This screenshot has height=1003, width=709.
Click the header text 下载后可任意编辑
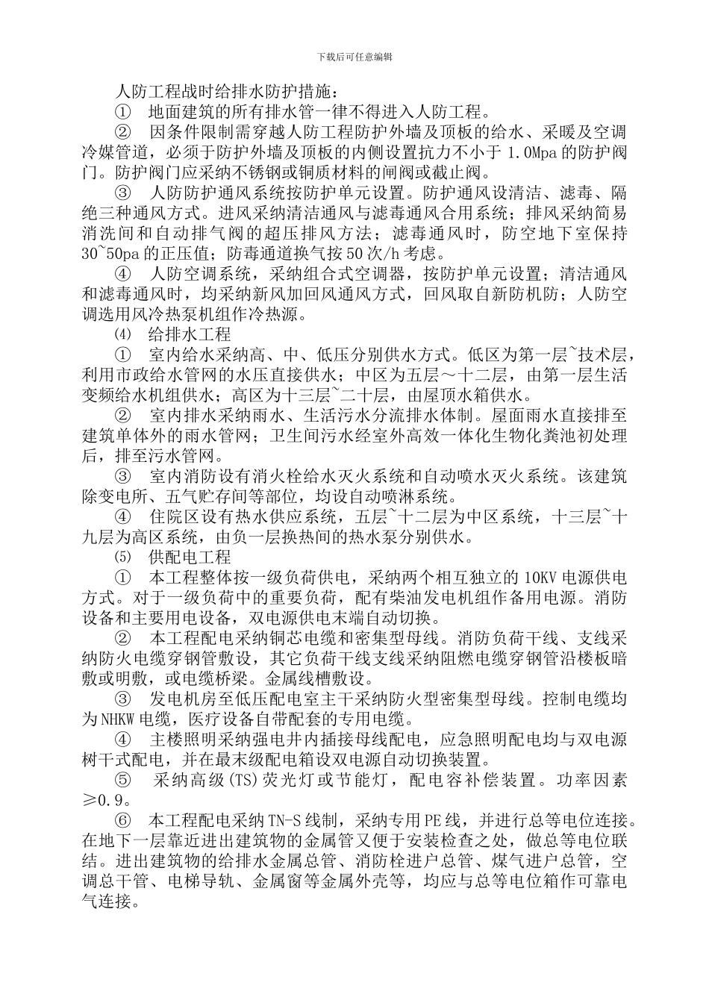(354, 57)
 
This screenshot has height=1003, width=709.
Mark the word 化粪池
(557, 435)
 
